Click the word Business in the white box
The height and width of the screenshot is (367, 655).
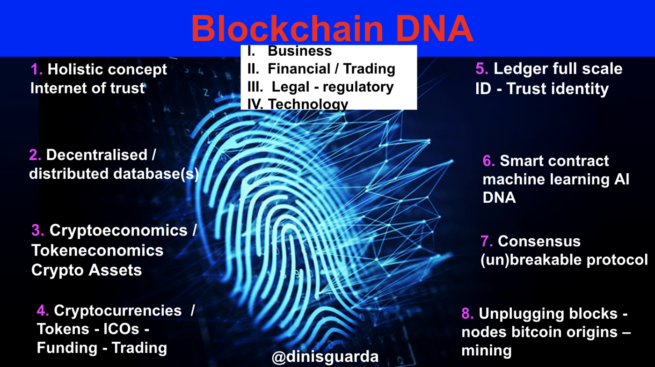(299, 51)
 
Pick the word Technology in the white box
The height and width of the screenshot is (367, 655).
(308, 104)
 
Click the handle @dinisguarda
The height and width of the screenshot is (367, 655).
(325, 357)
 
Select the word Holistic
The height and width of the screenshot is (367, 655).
(75, 70)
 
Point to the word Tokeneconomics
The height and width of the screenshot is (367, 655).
(97, 250)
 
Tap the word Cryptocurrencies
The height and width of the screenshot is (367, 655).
(118, 310)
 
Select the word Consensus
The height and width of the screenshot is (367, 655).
(539, 242)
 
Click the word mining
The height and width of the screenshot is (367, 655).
(487, 351)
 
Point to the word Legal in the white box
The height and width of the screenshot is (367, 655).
(291, 87)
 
